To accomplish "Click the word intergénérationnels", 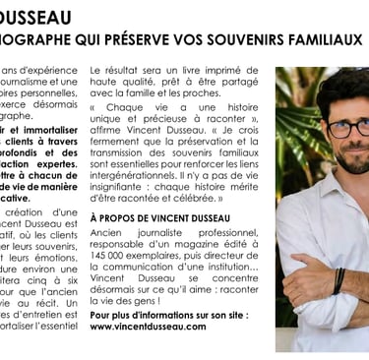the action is point(139,168).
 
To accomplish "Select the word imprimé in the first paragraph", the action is point(244,72).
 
